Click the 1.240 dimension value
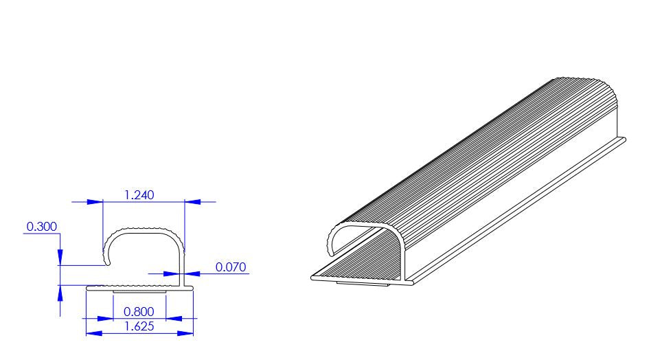coord(139,194)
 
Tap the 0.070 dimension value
coord(230,267)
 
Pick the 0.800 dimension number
coord(139,311)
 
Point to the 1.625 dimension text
coord(139,326)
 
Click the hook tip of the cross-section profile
coord(107,262)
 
